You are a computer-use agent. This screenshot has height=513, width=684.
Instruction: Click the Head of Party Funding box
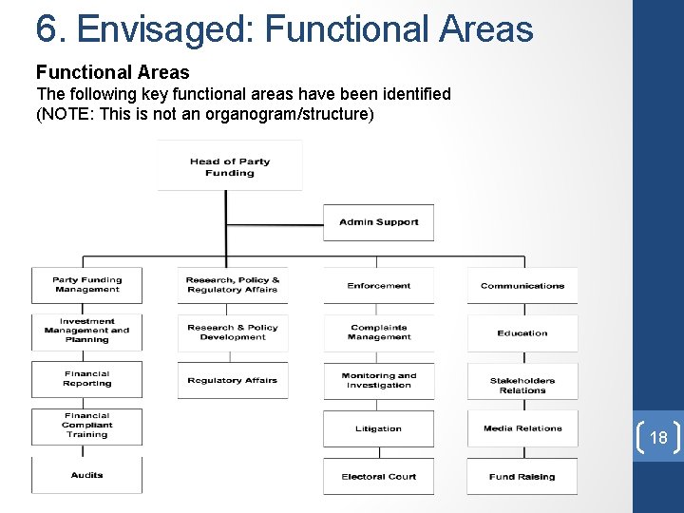[230, 166]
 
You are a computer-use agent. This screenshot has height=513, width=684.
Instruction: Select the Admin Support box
[379, 222]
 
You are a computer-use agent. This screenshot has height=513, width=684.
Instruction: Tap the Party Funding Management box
[86, 285]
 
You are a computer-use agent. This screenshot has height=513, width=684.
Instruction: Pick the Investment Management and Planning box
[86, 331]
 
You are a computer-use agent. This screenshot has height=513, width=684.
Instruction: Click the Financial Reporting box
[86, 379]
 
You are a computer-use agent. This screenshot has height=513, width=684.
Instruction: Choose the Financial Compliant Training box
[86, 426]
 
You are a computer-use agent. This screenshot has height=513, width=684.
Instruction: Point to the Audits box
[86, 475]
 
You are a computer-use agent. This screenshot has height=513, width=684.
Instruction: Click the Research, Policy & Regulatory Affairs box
[233, 285]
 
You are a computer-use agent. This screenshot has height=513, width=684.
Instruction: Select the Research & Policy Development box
[233, 332]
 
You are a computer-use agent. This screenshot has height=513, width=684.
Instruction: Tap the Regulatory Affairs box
[233, 380]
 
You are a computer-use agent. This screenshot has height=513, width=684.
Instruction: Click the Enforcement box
[379, 285]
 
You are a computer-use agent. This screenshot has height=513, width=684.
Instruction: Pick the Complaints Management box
[379, 332]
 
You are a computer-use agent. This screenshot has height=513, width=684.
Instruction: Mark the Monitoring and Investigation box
[379, 380]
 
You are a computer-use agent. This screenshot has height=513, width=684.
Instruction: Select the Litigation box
[379, 428]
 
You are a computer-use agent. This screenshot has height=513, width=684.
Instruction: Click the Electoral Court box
[379, 476]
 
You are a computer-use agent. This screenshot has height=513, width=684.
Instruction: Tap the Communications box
[522, 285]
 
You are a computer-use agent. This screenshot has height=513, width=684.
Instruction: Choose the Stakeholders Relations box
[522, 385]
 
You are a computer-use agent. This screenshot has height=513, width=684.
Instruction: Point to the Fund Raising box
[522, 476]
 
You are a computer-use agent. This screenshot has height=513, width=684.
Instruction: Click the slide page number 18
[658, 438]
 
